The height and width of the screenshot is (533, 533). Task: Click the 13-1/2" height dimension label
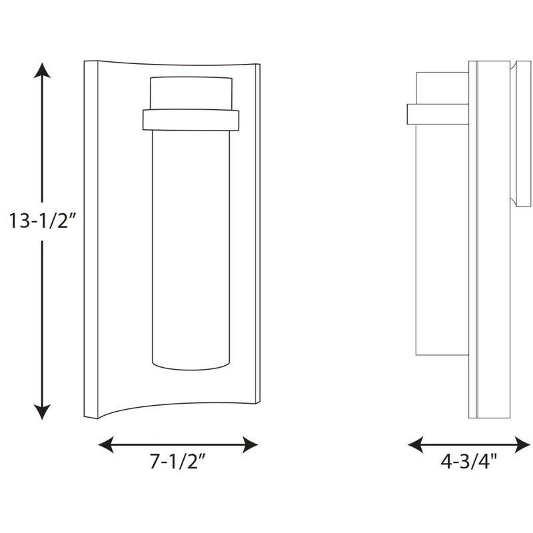(x=41, y=221)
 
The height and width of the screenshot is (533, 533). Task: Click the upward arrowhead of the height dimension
(x=42, y=71)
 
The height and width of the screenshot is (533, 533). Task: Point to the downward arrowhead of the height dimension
(x=42, y=412)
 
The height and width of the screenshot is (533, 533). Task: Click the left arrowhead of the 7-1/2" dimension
(x=106, y=444)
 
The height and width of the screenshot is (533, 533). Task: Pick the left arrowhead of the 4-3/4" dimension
(x=416, y=444)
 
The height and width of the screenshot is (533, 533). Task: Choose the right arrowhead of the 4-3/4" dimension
(x=523, y=444)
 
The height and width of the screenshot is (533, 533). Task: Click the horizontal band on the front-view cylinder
(x=191, y=120)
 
